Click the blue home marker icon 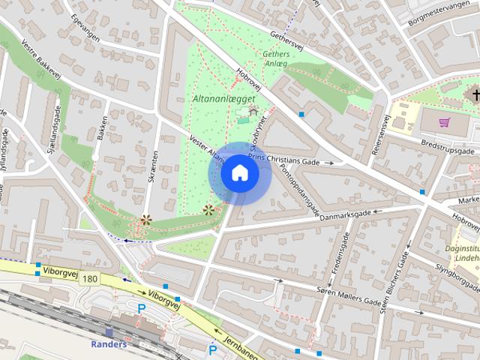(x=240, y=173)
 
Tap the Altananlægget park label (x=224, y=98)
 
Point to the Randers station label (x=109, y=344)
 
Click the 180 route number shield (x=91, y=278)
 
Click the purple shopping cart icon (x=445, y=122)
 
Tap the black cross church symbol (x=474, y=95)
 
